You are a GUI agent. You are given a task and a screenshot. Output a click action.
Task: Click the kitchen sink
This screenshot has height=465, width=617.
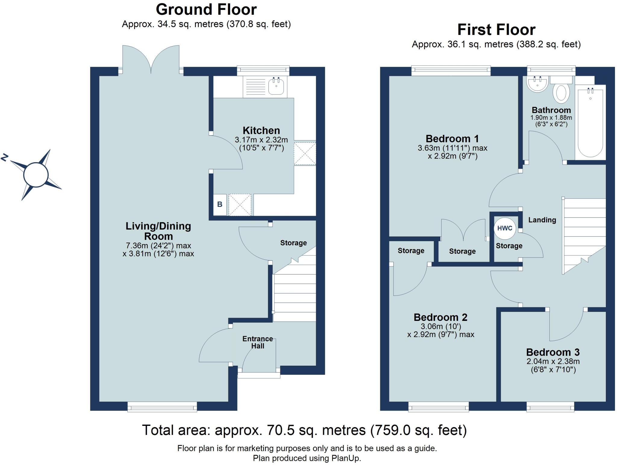276,86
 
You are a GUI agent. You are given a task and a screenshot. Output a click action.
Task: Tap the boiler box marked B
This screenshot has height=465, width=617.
220,204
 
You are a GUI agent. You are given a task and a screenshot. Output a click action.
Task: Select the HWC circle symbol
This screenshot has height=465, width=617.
505,228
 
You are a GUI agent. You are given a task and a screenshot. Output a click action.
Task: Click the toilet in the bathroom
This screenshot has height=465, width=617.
561,91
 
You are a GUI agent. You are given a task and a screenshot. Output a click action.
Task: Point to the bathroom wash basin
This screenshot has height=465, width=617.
537,84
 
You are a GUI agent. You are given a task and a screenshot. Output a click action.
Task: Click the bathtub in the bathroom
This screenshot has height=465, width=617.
590,122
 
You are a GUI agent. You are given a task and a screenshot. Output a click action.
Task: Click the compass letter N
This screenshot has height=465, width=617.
5,158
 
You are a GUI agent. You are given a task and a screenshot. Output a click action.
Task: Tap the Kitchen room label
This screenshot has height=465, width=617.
261,131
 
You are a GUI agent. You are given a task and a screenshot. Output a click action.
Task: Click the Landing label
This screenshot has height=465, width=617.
542,220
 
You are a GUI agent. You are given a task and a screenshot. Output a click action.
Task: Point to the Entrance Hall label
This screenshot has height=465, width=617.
258,342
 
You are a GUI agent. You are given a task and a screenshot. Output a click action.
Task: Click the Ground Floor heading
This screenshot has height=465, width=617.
206,10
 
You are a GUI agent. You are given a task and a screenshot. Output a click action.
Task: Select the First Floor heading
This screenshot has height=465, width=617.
496,30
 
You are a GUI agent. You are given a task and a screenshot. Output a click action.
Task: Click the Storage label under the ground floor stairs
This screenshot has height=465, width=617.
293,243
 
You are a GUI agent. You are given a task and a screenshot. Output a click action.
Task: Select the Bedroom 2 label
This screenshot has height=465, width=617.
440,317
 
